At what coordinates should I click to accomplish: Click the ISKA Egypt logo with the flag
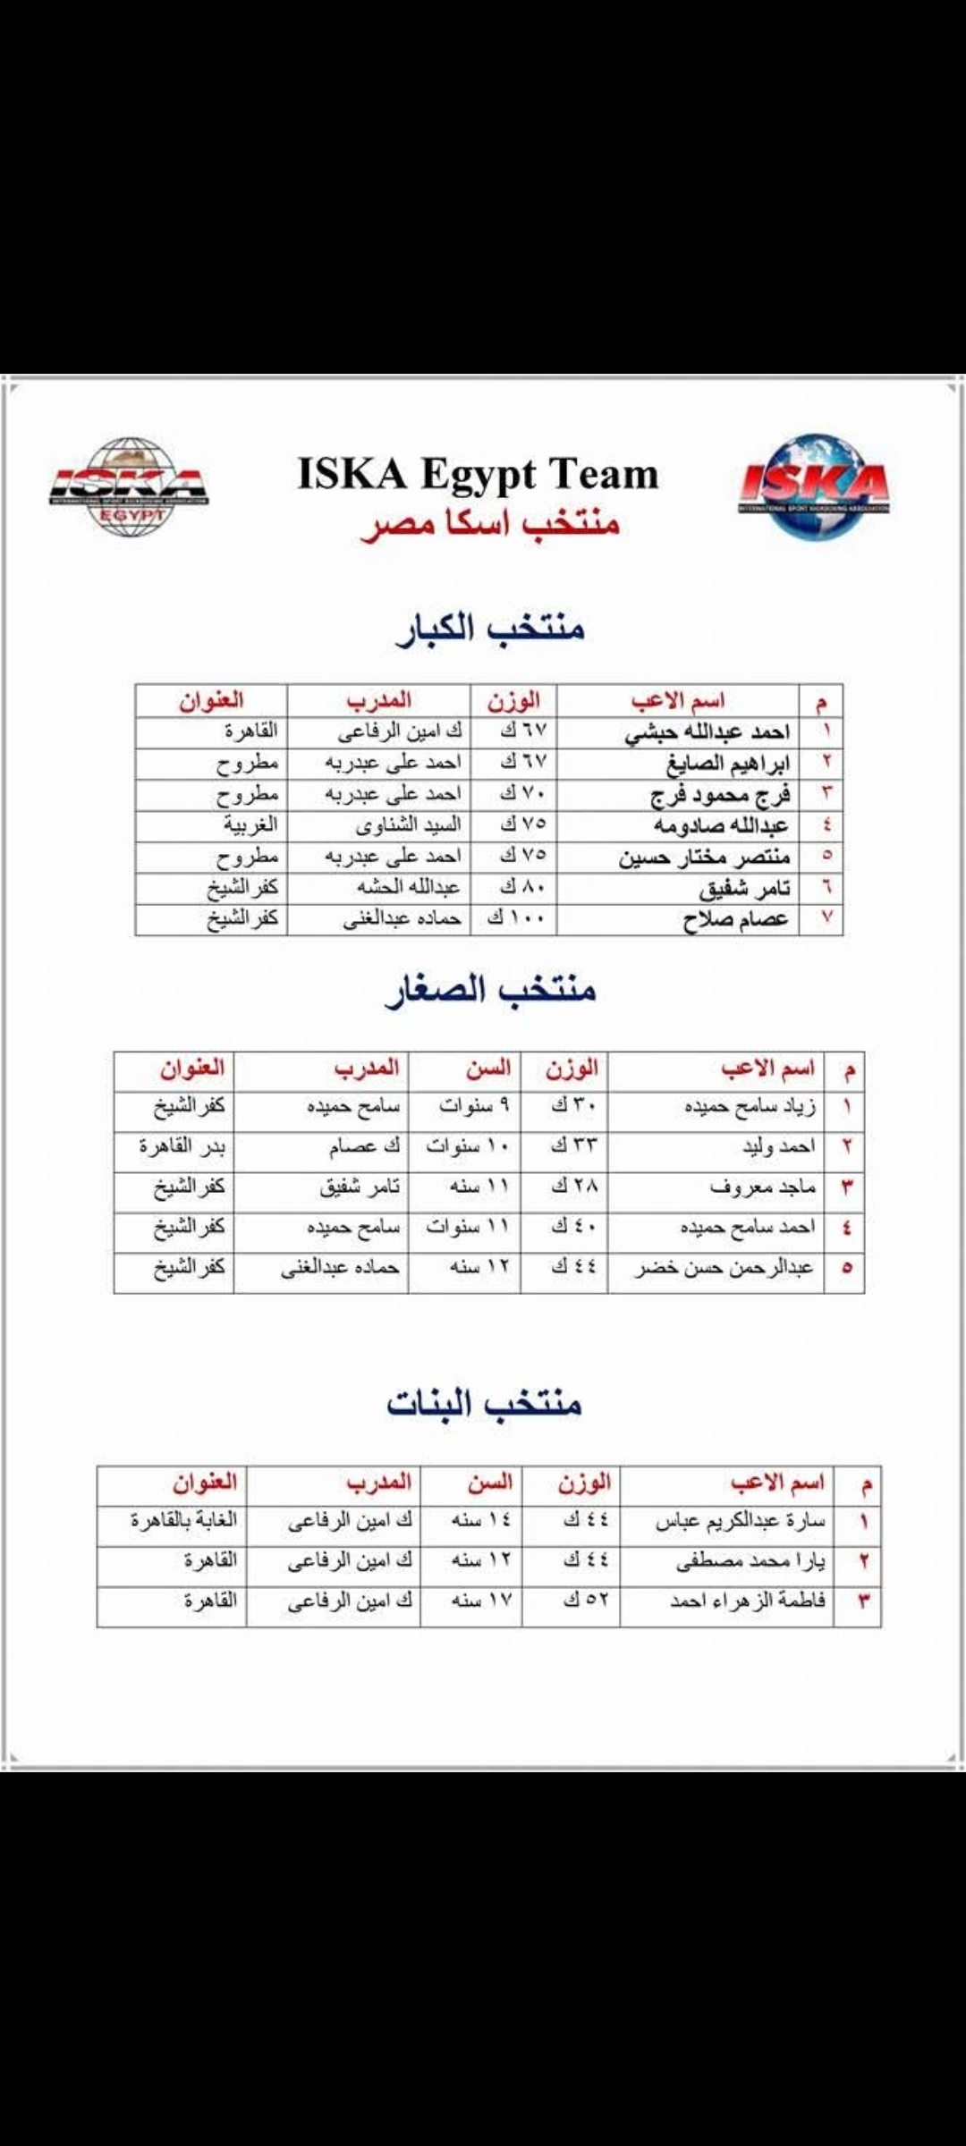pyautogui.click(x=129, y=487)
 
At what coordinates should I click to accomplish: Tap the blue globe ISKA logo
pyautogui.click(x=813, y=487)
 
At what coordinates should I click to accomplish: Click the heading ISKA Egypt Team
pyautogui.click(x=478, y=474)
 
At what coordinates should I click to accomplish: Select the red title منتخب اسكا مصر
pyautogui.click(x=490, y=524)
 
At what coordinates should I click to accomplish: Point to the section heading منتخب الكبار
pyautogui.click(x=490, y=628)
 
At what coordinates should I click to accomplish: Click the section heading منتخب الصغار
pyautogui.click(x=490, y=990)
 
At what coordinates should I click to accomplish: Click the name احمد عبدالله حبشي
pyautogui.click(x=707, y=732)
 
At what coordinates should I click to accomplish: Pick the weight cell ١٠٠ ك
pyautogui.click(x=515, y=918)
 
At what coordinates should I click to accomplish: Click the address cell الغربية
pyautogui.click(x=250, y=824)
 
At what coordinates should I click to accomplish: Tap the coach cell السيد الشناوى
pyautogui.click(x=408, y=824)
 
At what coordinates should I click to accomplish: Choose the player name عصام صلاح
pyautogui.click(x=735, y=919)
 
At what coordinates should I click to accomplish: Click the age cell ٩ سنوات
pyautogui.click(x=474, y=1106)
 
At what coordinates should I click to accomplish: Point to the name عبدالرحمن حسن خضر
pyautogui.click(x=724, y=1268)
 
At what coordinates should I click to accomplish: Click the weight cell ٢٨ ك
pyautogui.click(x=573, y=1187)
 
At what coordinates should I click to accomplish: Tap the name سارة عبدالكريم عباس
pyautogui.click(x=740, y=1520)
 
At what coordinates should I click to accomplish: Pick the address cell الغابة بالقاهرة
pyautogui.click(x=183, y=1520)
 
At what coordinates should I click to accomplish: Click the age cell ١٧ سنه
pyautogui.click(x=481, y=1601)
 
